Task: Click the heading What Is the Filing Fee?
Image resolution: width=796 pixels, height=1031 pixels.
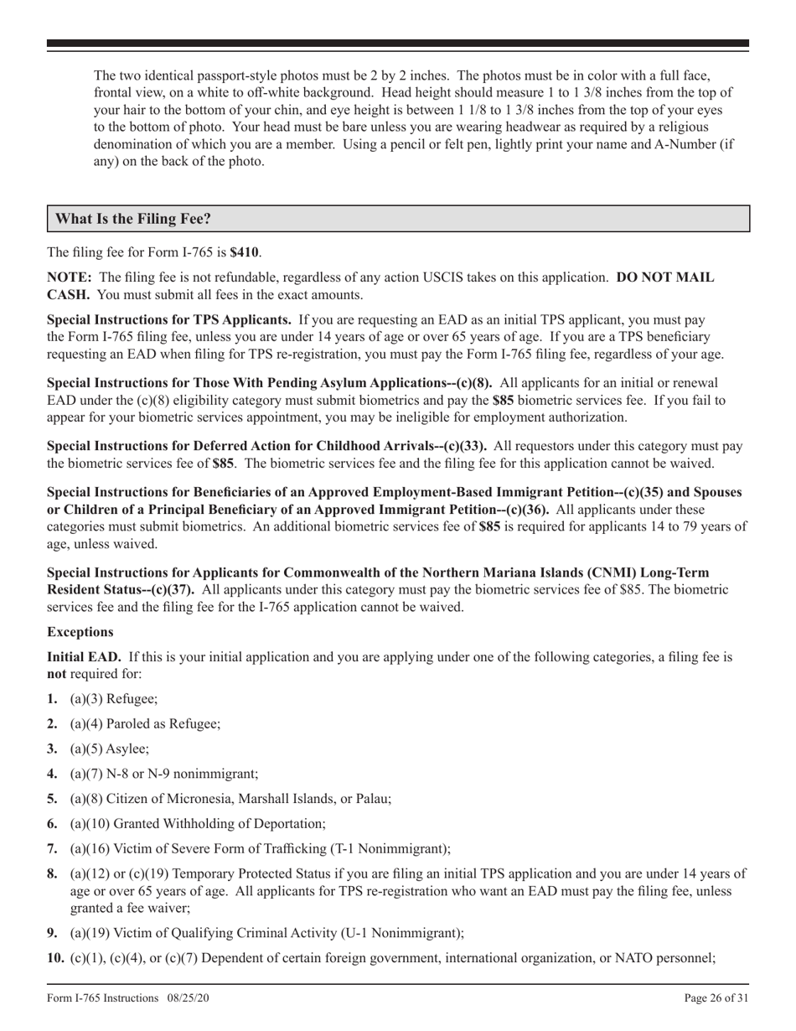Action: [133, 220]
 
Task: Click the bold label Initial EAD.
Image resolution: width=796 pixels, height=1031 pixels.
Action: [84, 657]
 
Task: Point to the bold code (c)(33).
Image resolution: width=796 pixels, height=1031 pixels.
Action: [463, 446]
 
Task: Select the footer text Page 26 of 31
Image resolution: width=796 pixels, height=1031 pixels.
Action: [716, 997]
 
